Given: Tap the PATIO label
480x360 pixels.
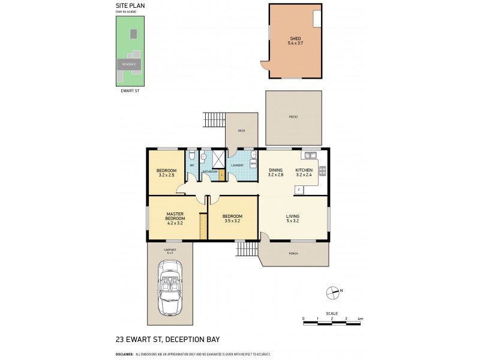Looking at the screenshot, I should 293,116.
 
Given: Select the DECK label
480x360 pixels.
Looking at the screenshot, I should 241,130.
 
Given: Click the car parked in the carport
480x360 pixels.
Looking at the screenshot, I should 170,287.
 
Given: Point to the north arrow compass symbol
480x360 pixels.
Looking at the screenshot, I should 332,292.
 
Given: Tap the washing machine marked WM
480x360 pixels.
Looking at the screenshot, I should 253,163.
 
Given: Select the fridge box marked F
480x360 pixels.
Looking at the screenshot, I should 298,190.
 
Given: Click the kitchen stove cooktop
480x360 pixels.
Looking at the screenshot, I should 322,171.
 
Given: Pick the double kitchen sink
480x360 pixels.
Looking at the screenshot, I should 310,155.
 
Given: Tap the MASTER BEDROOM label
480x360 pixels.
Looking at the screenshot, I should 175,216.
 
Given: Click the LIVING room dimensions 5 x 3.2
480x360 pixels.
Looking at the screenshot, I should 292,221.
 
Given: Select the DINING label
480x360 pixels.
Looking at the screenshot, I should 275,170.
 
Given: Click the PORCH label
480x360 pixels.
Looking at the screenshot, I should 293,253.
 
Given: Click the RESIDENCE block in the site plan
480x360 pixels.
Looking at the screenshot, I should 129,64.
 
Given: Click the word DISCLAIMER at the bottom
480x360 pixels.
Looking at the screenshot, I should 124,354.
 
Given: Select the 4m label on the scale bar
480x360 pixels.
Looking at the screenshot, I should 360,318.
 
